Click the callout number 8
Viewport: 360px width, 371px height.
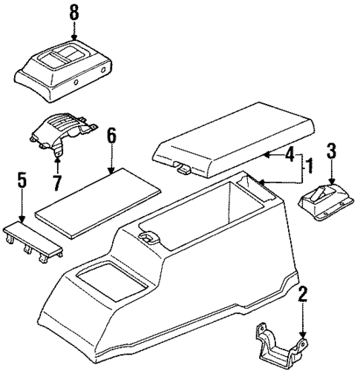(x=73, y=13)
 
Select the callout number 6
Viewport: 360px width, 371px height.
(x=111, y=137)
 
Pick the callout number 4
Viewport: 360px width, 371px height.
(x=289, y=155)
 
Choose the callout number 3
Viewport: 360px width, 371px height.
(x=332, y=152)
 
